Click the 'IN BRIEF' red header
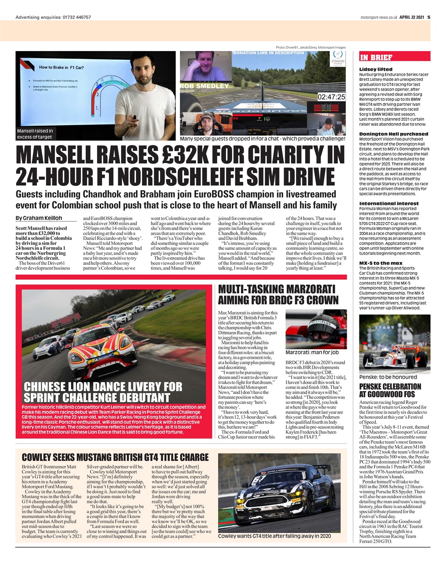click(376, 57)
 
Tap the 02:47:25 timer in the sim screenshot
click(331, 96)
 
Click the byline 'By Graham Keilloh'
click(39, 218)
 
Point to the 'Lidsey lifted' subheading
click(376, 69)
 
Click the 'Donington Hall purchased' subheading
click(393, 134)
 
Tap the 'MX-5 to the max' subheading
click(380, 263)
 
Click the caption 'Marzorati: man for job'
click(312, 352)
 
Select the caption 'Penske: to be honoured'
click(388, 377)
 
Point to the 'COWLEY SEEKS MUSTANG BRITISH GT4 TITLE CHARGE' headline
click(115, 457)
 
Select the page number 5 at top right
click(428, 17)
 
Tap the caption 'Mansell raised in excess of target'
click(35, 134)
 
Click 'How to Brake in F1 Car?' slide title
click(62, 67)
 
